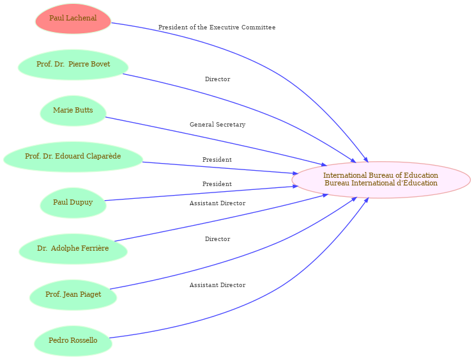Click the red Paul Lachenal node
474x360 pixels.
tap(73, 19)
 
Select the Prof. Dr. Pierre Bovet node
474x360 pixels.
tap(73, 65)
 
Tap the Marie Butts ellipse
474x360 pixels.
tap(73, 111)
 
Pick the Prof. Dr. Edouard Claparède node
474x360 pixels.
tap(73, 157)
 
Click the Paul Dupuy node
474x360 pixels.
tap(73, 203)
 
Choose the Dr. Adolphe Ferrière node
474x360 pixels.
tap(73, 249)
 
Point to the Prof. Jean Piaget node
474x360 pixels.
tap(73, 295)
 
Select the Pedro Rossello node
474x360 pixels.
tap(73, 341)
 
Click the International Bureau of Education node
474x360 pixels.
tap(381, 180)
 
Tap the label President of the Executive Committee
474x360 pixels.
tap(217, 27)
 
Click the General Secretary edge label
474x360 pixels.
tap(217, 124)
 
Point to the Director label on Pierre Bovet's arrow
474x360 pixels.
tap(217, 79)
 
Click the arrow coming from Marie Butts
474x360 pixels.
tap(216, 141)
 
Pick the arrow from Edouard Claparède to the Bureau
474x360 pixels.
tap(220, 168)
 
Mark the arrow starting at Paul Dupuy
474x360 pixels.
tap(201, 193)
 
